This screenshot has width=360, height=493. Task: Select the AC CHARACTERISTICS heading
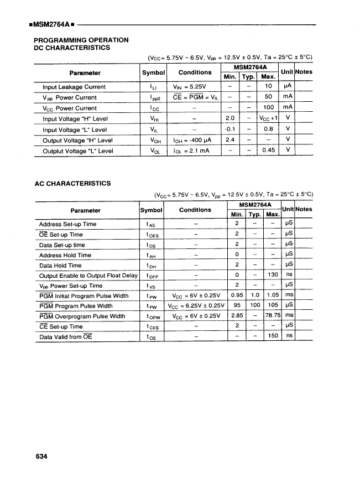pos(72,183)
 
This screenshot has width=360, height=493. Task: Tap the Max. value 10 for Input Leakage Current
pos(268,87)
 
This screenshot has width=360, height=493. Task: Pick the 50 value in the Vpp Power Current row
pos(268,97)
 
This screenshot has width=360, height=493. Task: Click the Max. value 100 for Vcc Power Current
pos(268,108)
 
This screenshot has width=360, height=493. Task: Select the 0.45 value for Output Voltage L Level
pos(268,151)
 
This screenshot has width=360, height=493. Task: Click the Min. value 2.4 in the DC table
pos(231,140)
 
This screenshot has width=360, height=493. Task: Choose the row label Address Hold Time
pos(65,255)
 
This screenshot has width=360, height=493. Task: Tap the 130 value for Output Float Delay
pos(272,276)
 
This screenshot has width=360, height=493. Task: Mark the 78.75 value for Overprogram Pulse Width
pos(272,316)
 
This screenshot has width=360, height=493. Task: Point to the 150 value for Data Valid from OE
pos(272,336)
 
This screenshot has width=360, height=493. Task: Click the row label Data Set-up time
pos(62,245)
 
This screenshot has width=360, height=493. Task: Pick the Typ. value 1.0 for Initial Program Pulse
pos(255,296)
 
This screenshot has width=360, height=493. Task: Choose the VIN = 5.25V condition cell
pos(189,87)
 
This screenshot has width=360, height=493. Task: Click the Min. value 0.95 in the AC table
pos(237,296)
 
